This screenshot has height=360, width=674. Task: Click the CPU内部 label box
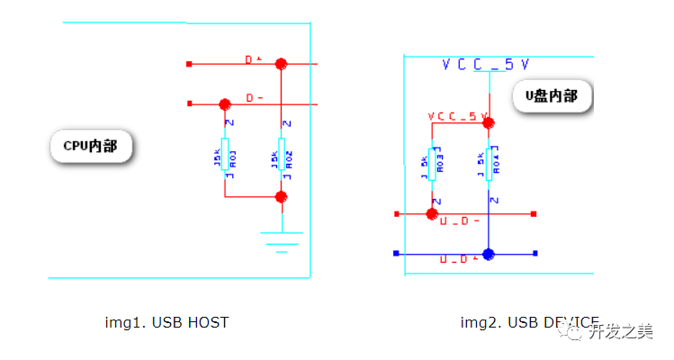click(x=90, y=146)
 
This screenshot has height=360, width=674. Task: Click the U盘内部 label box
click(x=552, y=96)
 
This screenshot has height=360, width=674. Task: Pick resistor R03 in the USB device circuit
click(x=432, y=162)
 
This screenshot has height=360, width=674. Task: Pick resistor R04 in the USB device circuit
click(x=489, y=162)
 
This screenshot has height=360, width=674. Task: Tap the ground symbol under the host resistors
click(x=282, y=240)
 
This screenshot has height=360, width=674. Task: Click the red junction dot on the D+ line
click(x=282, y=64)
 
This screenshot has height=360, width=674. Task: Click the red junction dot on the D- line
click(x=225, y=103)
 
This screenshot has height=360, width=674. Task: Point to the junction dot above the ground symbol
click(x=282, y=196)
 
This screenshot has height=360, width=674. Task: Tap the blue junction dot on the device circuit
click(x=488, y=254)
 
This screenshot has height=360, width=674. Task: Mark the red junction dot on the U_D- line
click(x=432, y=214)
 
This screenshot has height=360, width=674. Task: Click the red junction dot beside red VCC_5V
click(x=489, y=122)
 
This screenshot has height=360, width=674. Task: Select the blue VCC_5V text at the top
click(x=485, y=65)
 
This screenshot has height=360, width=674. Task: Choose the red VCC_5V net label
click(x=456, y=117)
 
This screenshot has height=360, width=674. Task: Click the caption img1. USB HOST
click(x=167, y=322)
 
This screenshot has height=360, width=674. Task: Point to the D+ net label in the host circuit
click(x=253, y=59)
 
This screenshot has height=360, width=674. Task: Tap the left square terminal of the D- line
click(x=189, y=103)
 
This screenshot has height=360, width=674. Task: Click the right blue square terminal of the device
click(x=535, y=254)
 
